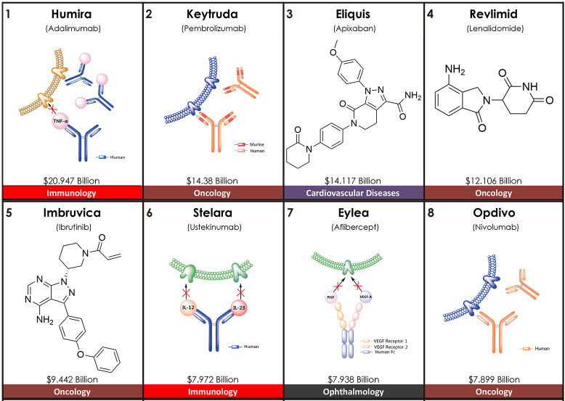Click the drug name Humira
pyautogui.click(x=70, y=15)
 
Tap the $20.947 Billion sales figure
pyautogui.click(x=70, y=181)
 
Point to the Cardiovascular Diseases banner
pyautogui.click(x=353, y=194)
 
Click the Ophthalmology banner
pyautogui.click(x=353, y=392)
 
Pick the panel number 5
pyautogui.click(x=8, y=212)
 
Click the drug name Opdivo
pyautogui.click(x=493, y=213)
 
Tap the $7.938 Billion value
pyautogui.click(x=353, y=379)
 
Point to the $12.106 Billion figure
pyautogui.click(x=493, y=181)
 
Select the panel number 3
pyautogui.click(x=290, y=14)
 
